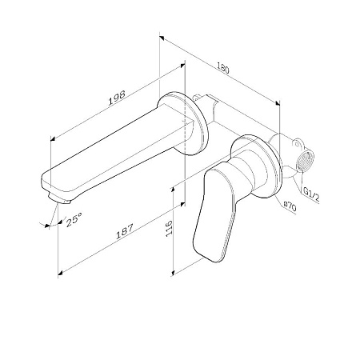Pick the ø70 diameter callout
[x=289, y=206]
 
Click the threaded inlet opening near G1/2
[x=305, y=162]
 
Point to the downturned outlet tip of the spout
[x=55, y=194]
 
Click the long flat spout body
[x=120, y=152]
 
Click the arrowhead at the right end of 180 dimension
[x=278, y=103]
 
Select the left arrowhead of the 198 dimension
[x=53, y=136]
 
